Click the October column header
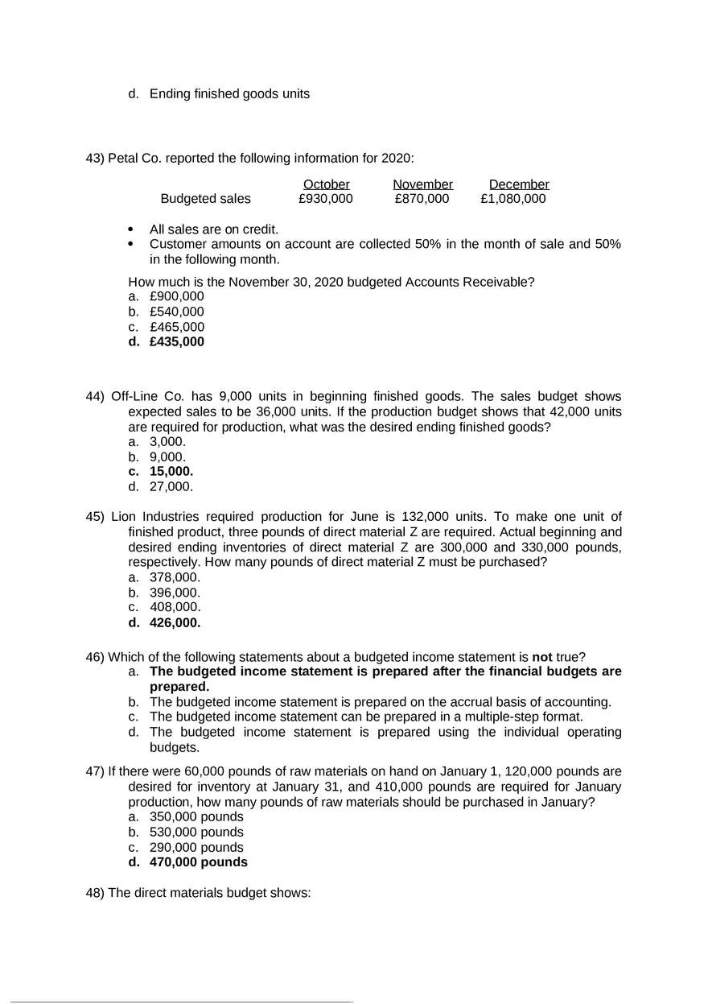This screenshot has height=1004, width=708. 326,184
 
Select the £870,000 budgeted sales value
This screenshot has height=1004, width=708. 422,199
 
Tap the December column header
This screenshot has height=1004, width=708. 519,184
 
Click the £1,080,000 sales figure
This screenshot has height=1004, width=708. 512,199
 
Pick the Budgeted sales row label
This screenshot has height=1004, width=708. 205,199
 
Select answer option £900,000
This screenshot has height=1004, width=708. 176,296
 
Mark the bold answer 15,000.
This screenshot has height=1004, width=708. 171,472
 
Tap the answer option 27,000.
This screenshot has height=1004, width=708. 171,487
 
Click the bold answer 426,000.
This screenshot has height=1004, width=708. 175,622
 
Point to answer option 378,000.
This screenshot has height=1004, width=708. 175,577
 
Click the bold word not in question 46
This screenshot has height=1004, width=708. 542,657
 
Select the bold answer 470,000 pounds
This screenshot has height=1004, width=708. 198,862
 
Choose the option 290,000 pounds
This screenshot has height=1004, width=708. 196,847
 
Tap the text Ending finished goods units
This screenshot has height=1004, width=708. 229,94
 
